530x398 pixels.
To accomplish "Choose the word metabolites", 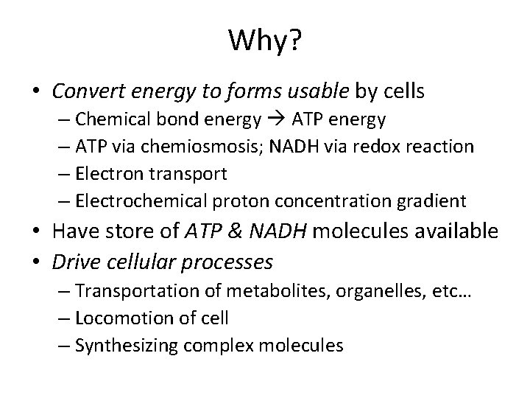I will click(x=261, y=292).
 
